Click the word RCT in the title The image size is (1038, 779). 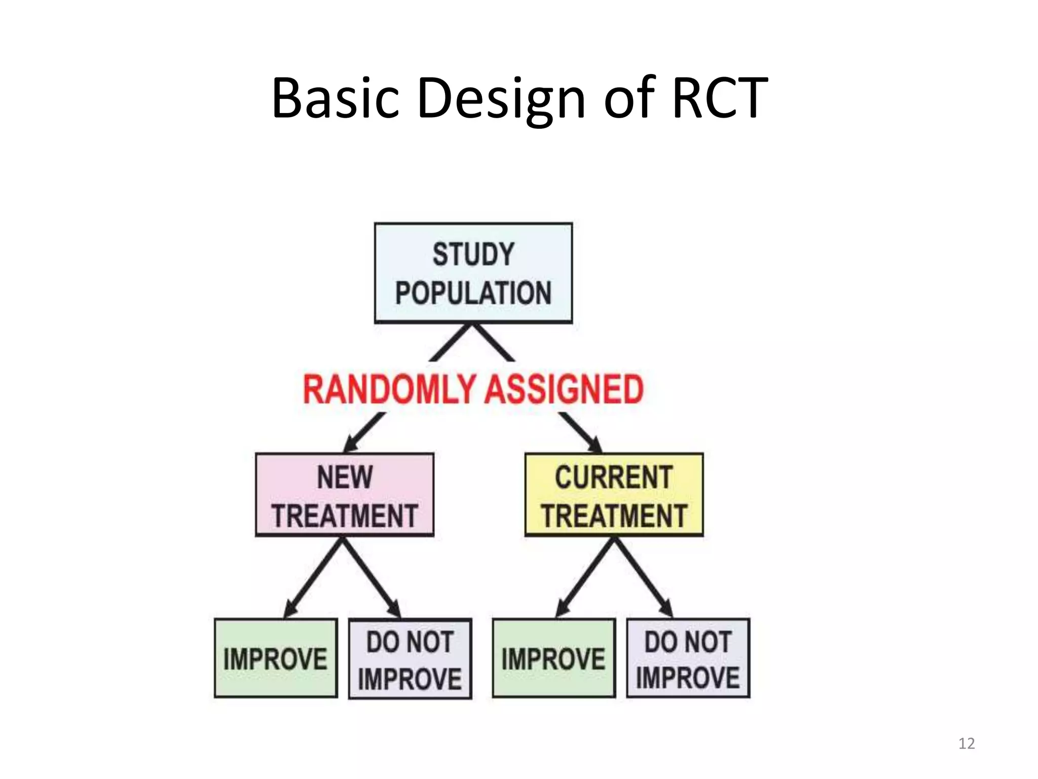(720, 97)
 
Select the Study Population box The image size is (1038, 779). (473, 273)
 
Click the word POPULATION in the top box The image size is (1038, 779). (473, 293)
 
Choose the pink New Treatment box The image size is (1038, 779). (345, 495)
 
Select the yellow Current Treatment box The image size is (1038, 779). (614, 495)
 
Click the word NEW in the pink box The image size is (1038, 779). (345, 477)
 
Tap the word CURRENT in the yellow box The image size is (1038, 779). (614, 477)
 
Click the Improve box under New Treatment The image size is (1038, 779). (276, 658)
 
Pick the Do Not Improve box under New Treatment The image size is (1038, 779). (410, 659)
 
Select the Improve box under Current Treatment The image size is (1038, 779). (553, 658)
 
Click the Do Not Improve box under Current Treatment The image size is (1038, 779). (688, 658)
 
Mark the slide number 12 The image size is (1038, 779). (967, 743)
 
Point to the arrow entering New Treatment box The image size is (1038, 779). (362, 433)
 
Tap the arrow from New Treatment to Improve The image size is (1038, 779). (314, 578)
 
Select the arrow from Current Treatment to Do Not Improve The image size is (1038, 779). (644, 578)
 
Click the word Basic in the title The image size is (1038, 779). (334, 97)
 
